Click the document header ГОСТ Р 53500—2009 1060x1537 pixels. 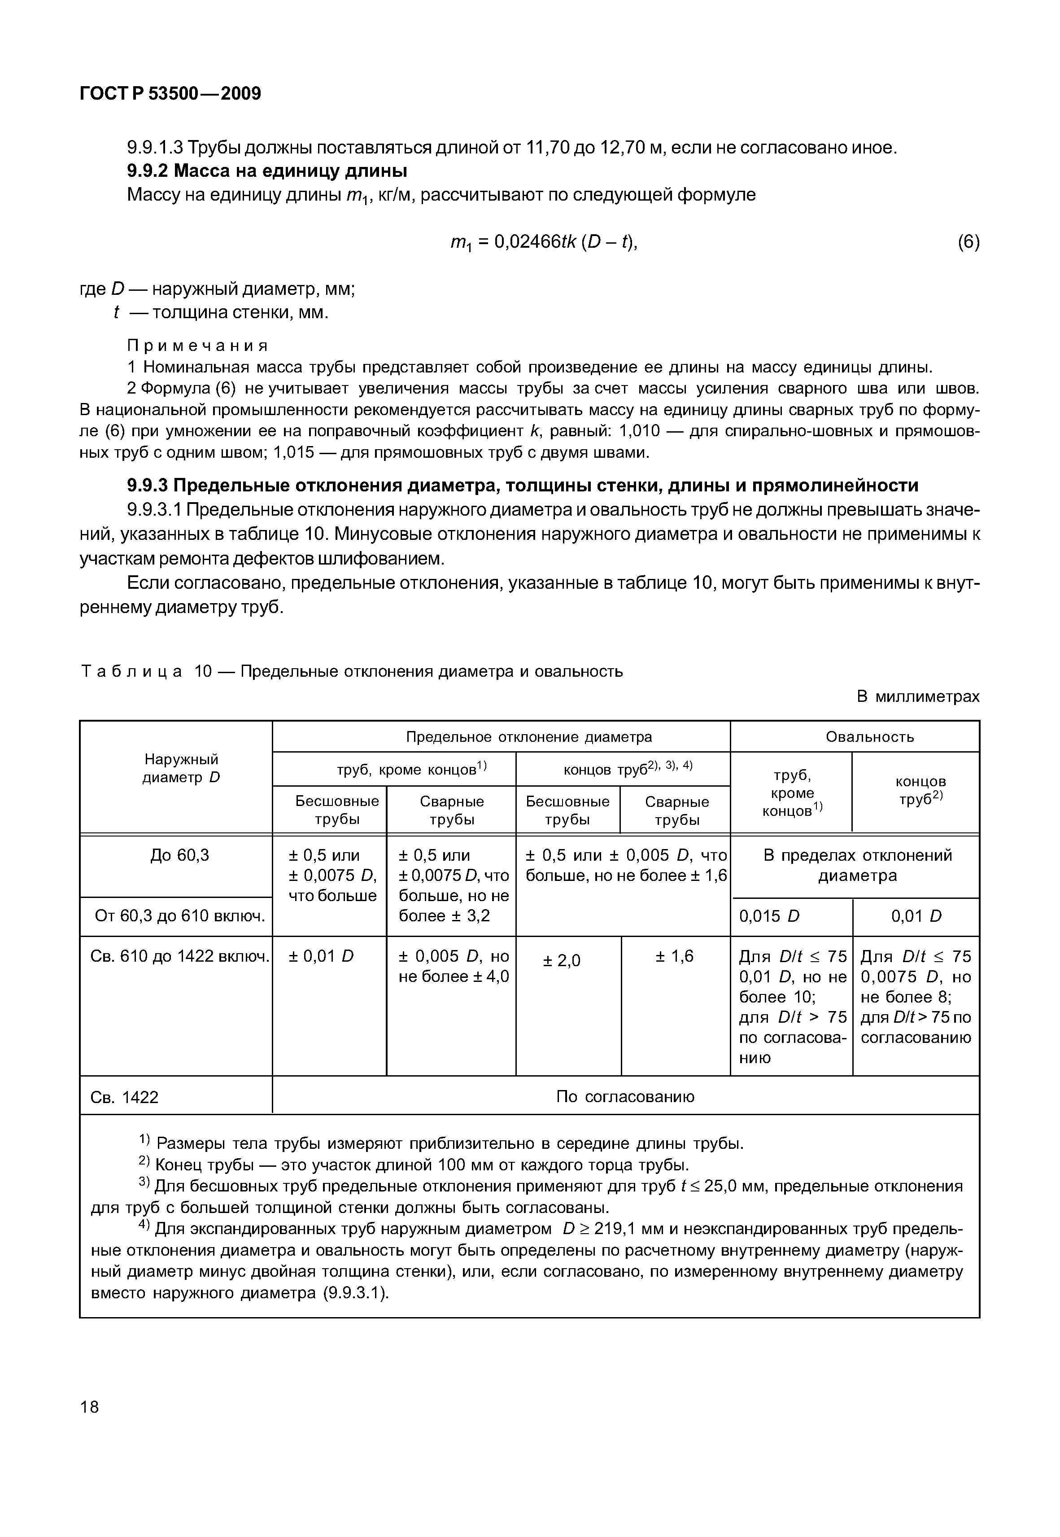coord(170,94)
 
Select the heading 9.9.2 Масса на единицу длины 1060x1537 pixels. coord(267,171)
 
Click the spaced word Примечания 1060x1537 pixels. coord(197,346)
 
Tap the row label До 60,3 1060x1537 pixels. coord(179,855)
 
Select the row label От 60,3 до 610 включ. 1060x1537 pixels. coord(180,917)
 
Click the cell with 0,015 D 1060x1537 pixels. coord(769,917)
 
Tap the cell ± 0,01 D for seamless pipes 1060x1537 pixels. coord(322,956)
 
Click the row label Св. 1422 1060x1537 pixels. coord(124,1097)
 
